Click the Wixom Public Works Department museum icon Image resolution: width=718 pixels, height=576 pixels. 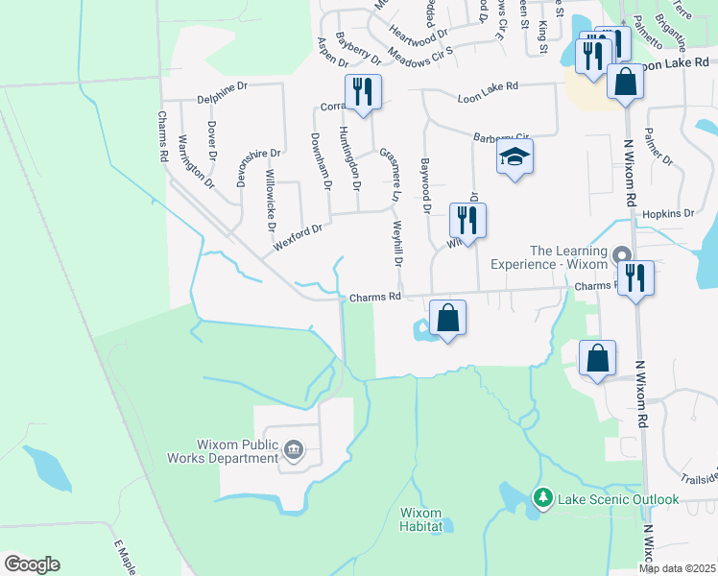pos(293,448)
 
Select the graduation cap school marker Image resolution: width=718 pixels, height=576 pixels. pos(515,156)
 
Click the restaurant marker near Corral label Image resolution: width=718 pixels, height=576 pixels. pos(363,91)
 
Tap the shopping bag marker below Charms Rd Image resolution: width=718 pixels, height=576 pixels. pos(447,317)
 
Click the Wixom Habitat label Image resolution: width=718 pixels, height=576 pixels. pos(421,519)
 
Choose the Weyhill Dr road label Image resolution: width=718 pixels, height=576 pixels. pos(397,245)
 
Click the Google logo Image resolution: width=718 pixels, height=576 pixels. pos(32,564)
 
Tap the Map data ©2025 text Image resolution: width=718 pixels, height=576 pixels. pos(677,568)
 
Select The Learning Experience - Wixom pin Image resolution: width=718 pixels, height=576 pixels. pos(621,255)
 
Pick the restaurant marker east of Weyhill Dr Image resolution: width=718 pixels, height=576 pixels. pos(467,220)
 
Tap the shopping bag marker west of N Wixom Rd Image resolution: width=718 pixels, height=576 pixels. pos(597,359)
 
